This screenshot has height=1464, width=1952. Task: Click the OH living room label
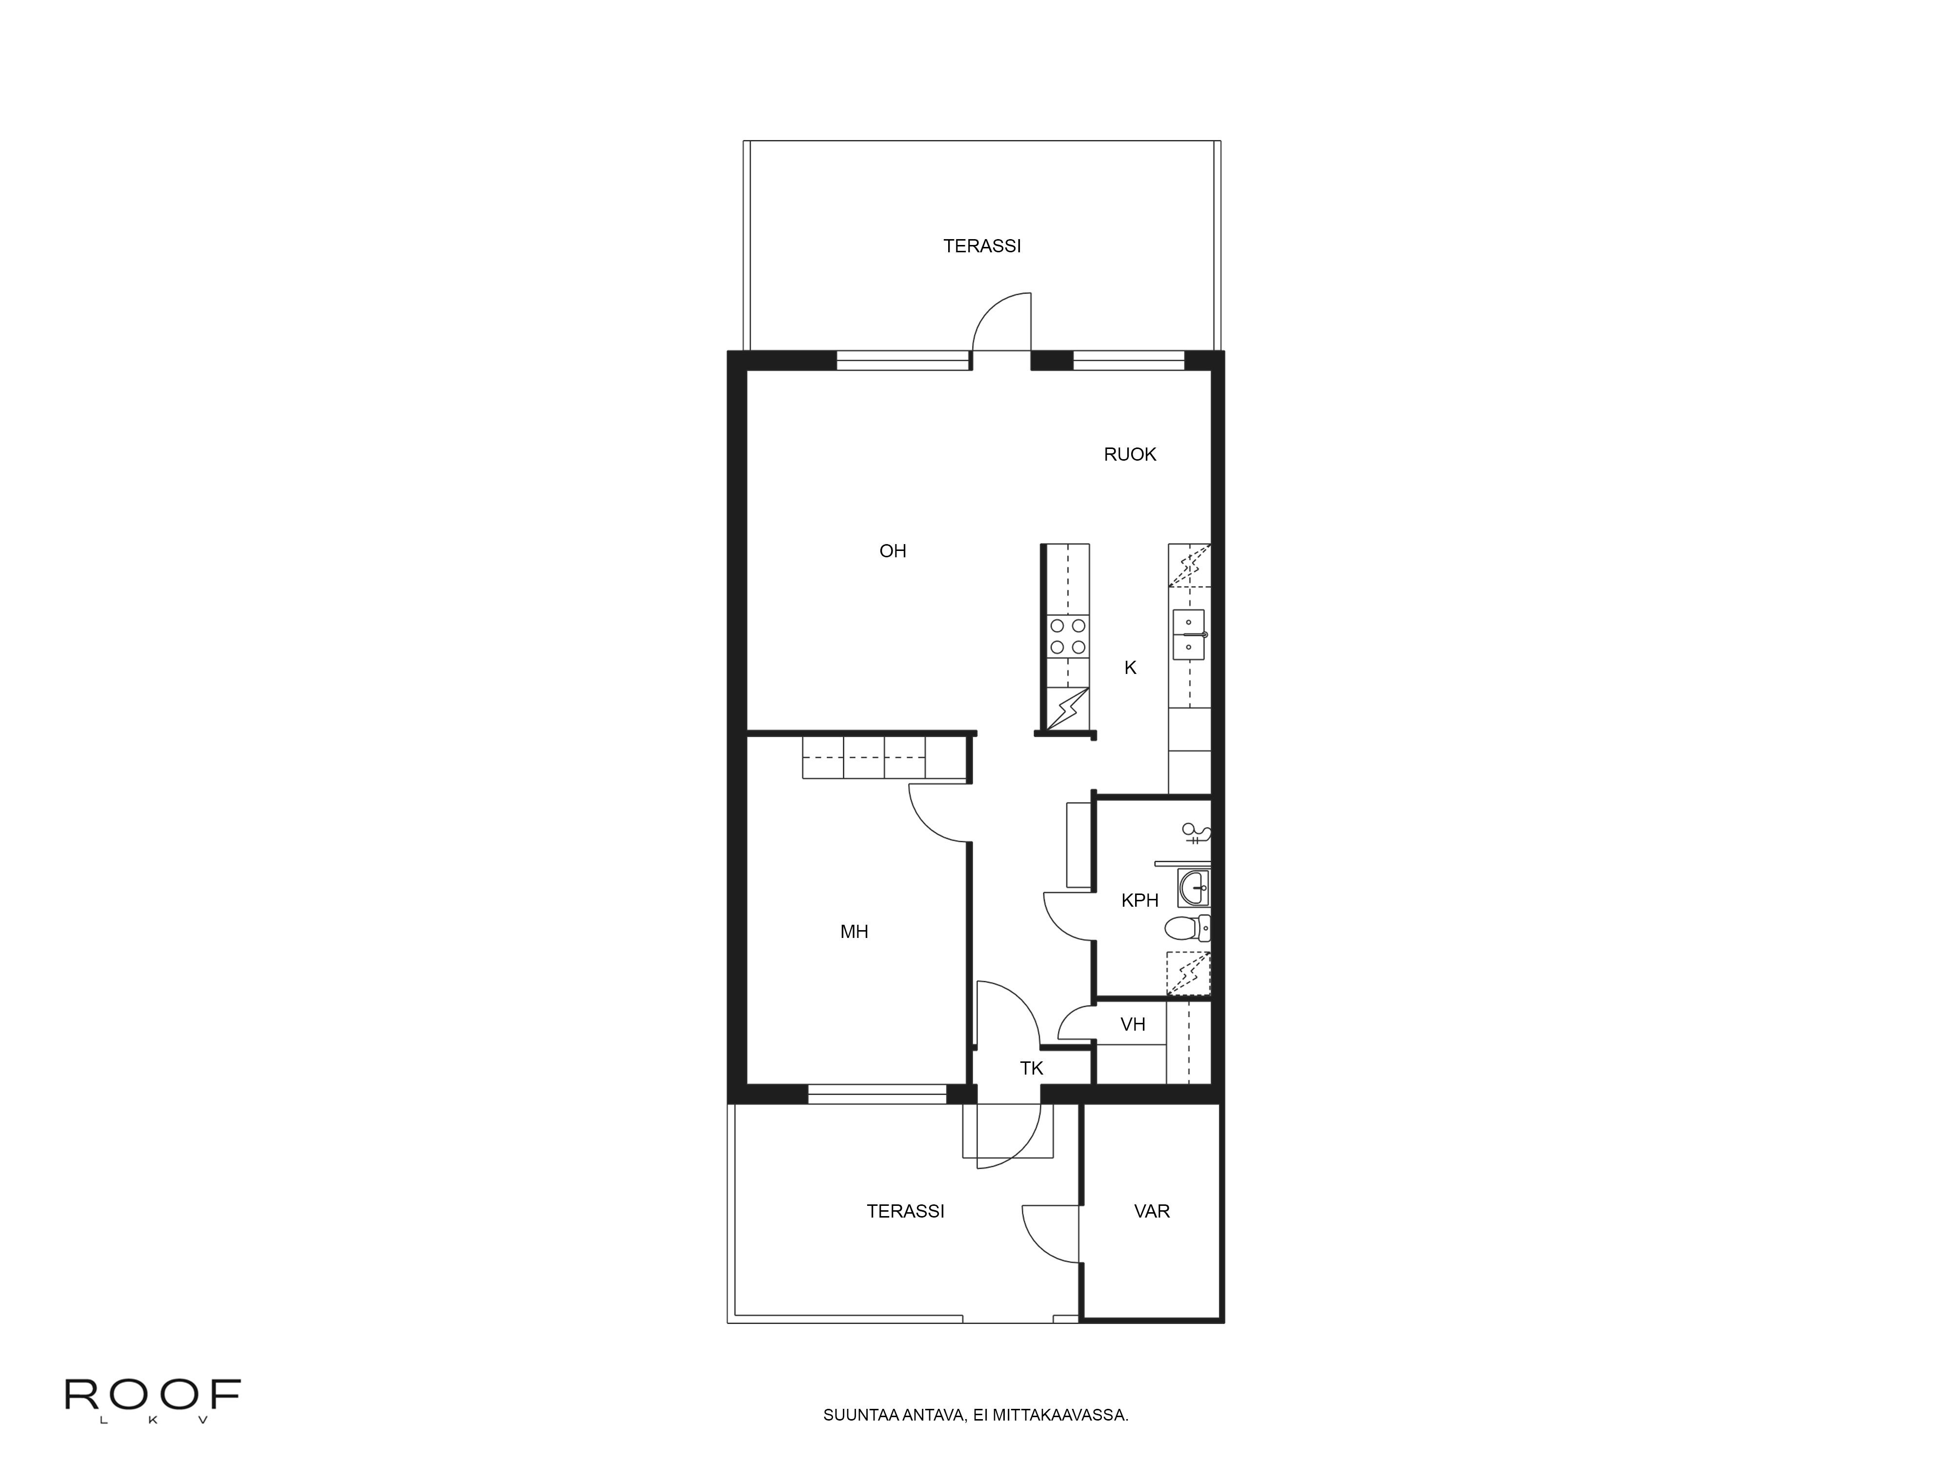click(893, 551)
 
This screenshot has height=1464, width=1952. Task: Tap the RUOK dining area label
click(1130, 454)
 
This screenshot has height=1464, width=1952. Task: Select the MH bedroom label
click(854, 932)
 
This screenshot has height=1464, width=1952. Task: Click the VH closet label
click(1133, 1024)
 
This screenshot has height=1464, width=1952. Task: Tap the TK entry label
click(1032, 1069)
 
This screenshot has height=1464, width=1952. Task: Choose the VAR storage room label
click(1152, 1212)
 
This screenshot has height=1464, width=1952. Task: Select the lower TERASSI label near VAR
click(905, 1212)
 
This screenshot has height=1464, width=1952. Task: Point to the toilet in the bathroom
click(1187, 928)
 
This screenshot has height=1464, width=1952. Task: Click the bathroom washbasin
click(1194, 888)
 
